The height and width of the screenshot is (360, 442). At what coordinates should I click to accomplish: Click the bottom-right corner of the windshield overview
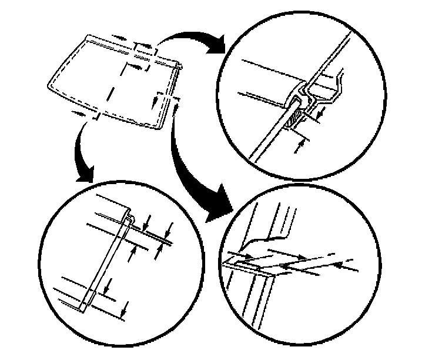coord(158,127)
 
